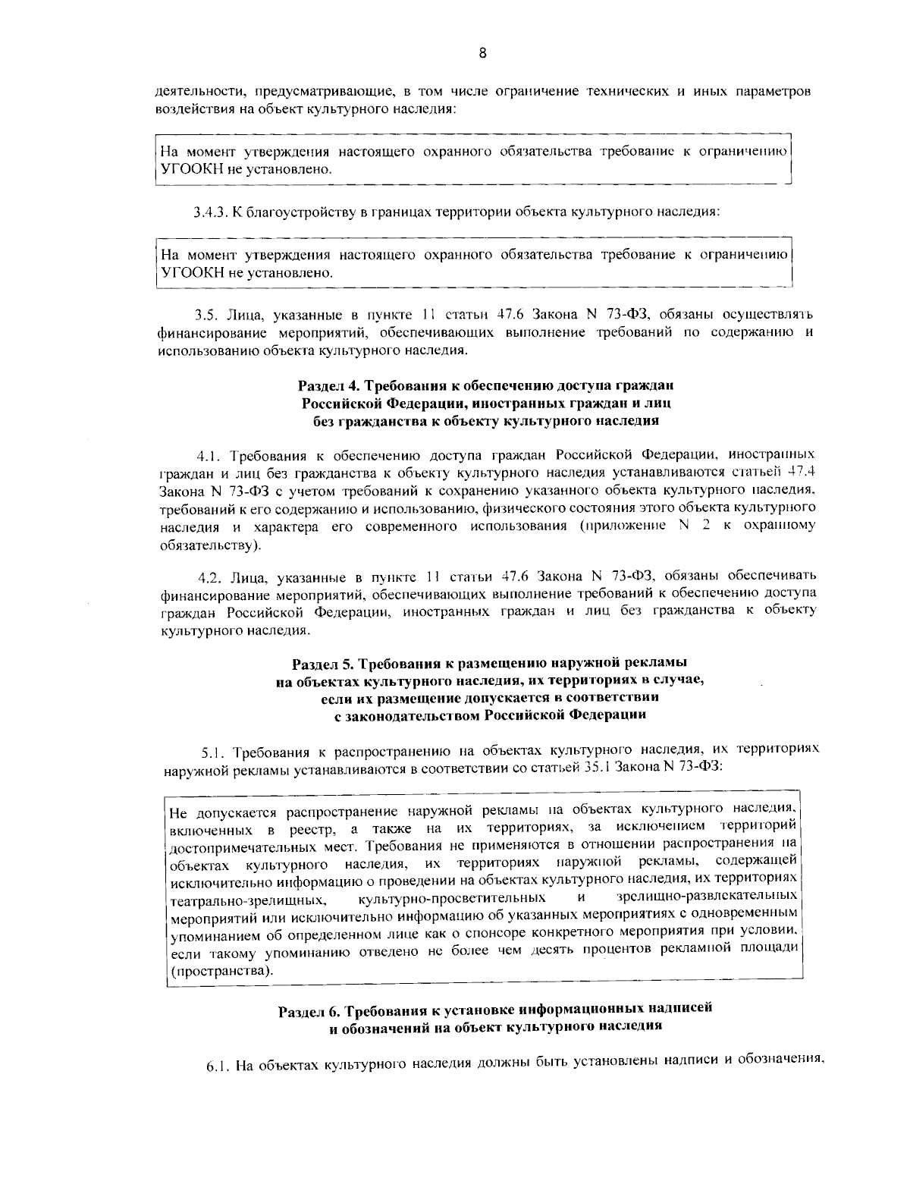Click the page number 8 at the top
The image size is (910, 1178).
482,52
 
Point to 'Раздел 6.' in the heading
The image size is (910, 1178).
309,1011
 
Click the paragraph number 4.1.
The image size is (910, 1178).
209,456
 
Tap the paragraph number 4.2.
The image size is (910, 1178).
209,575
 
